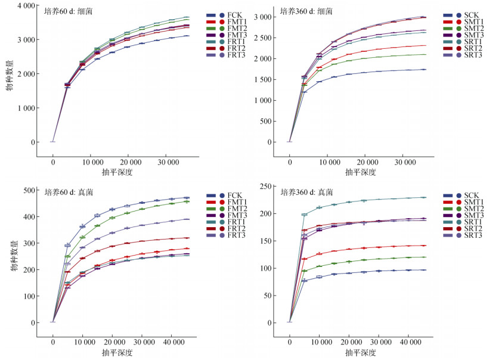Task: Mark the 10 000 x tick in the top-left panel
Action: [x=91, y=163]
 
